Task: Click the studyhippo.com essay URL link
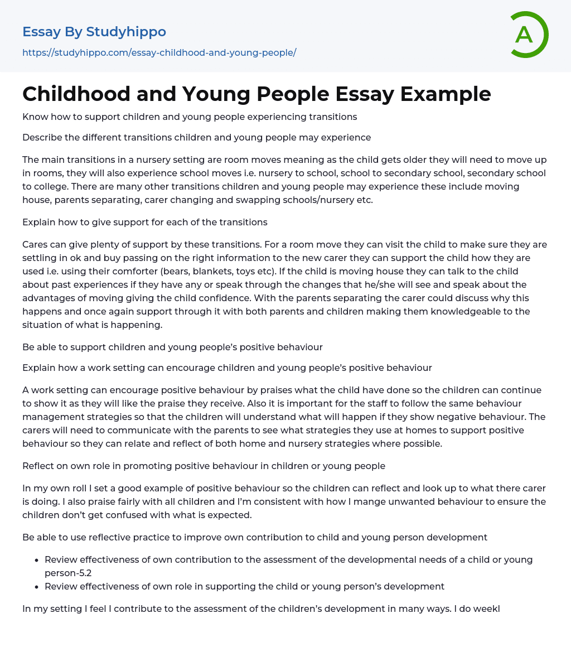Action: click(x=159, y=52)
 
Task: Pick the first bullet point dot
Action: click(x=37, y=560)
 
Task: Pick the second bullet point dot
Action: click(x=37, y=587)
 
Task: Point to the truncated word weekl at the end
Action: click(x=486, y=609)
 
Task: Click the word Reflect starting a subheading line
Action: click(x=40, y=466)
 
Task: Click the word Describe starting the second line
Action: click(x=43, y=137)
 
